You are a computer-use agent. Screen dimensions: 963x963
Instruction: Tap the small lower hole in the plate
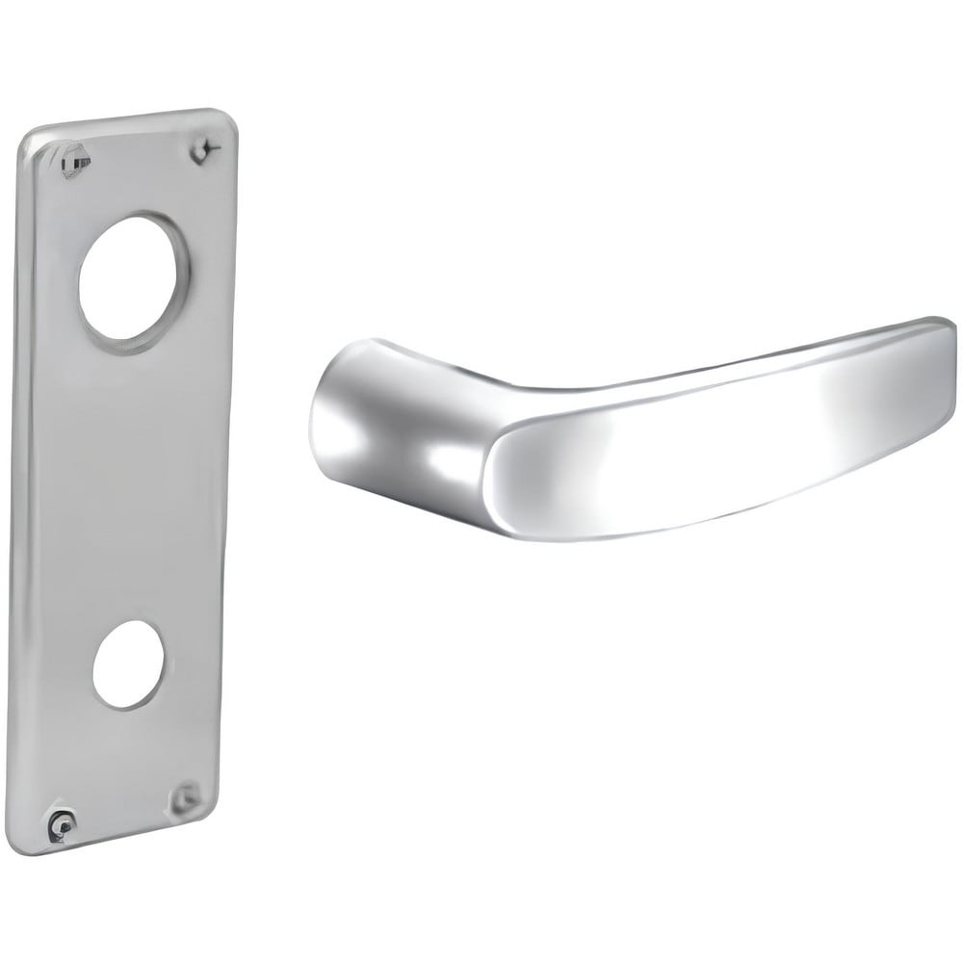128,664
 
